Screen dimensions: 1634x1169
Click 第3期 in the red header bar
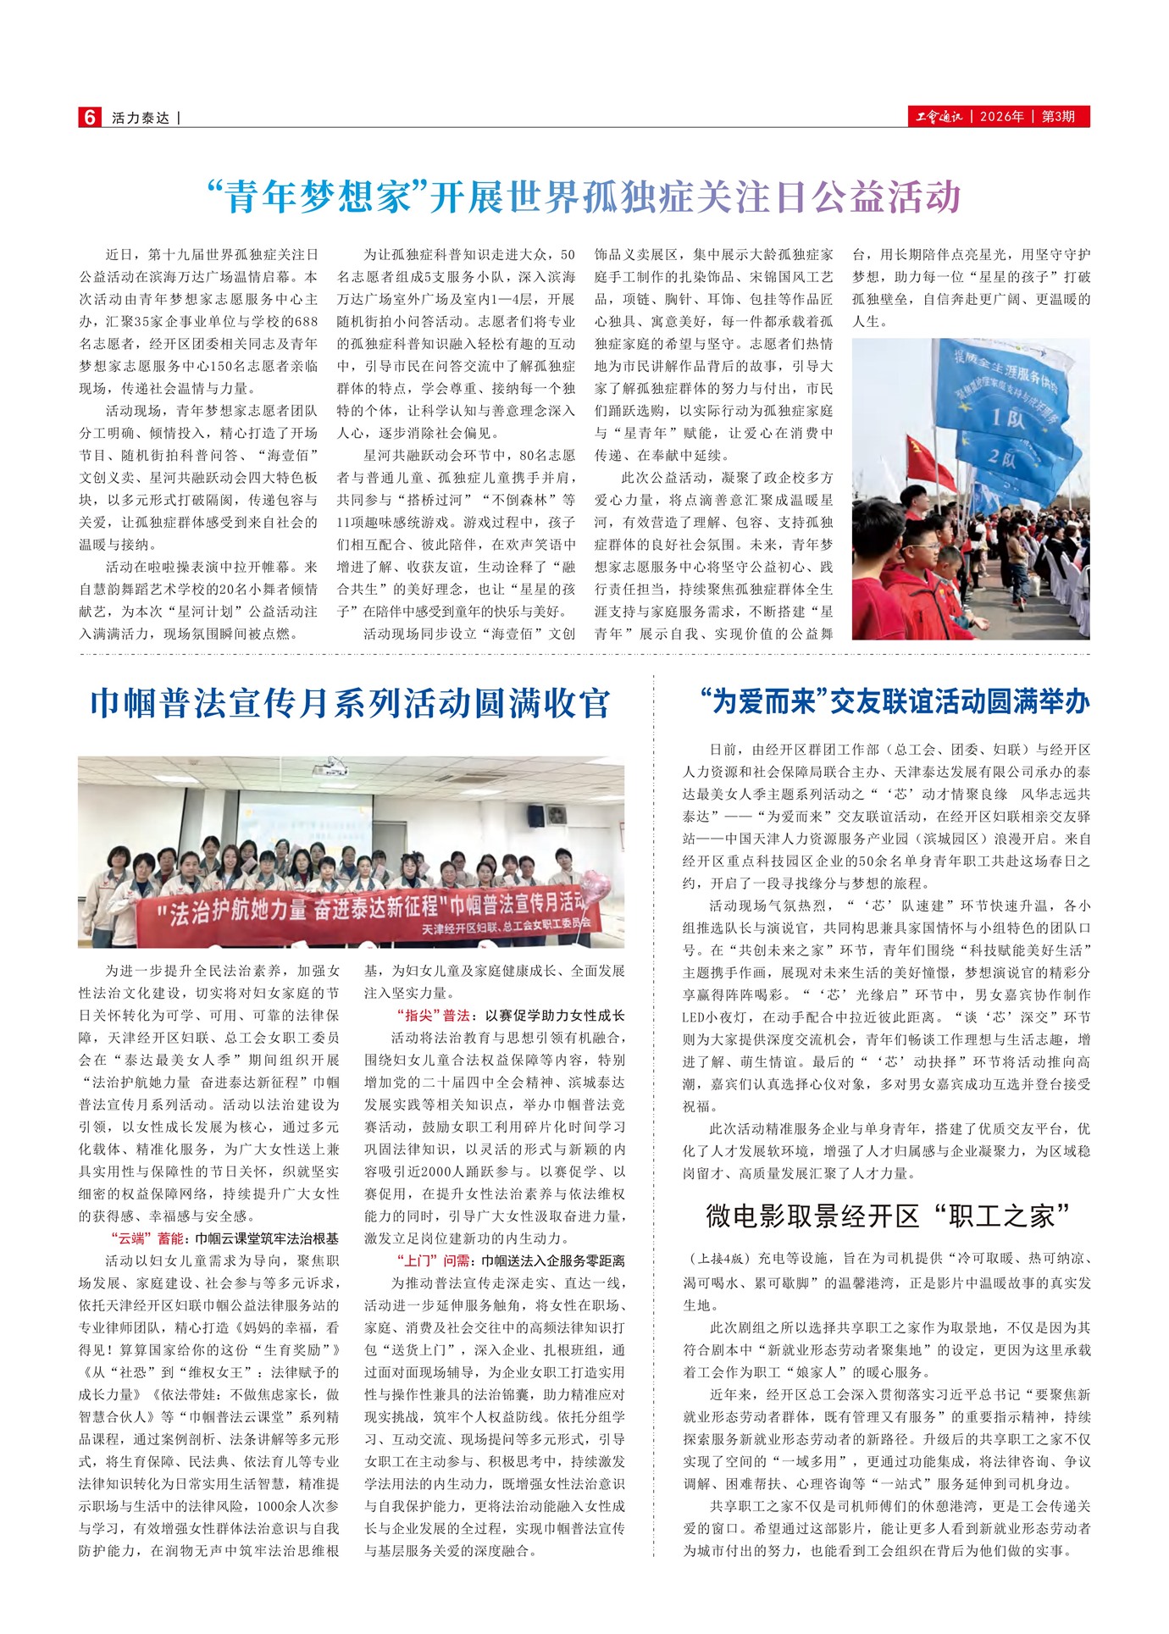pos(1058,117)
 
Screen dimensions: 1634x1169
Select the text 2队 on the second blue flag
pos(1006,459)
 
